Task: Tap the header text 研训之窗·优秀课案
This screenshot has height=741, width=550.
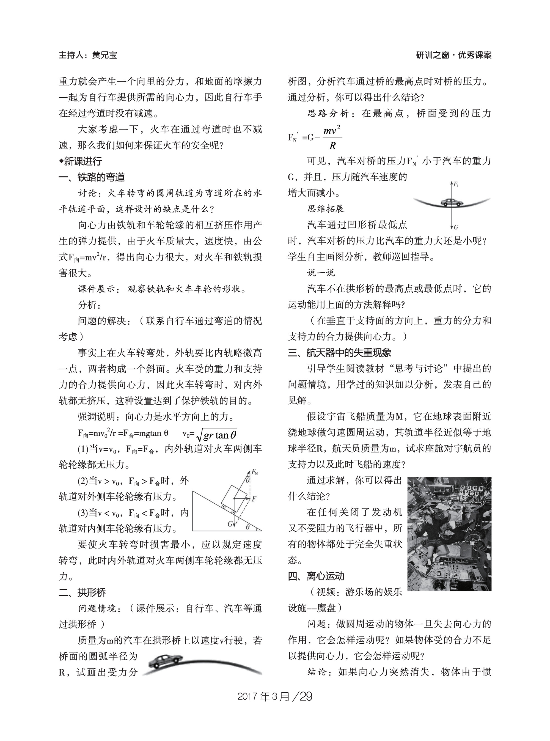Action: pyautogui.click(x=454, y=55)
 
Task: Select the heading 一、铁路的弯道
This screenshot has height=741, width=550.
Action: pyautogui.click(x=92, y=177)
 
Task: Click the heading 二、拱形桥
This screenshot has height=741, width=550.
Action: pyautogui.click(x=82, y=592)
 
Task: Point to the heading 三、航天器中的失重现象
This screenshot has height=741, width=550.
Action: pyautogui.click(x=340, y=353)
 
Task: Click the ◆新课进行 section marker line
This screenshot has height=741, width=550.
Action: pyautogui.click(x=81, y=161)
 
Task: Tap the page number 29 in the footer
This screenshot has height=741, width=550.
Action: pyautogui.click(x=306, y=696)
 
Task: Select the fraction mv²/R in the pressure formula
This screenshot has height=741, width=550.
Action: pyautogui.click(x=332, y=138)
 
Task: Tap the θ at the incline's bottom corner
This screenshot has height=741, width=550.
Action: pyautogui.click(x=248, y=527)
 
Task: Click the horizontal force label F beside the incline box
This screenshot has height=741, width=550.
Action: pyautogui.click(x=254, y=499)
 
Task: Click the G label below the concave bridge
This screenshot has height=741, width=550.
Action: pyautogui.click(x=456, y=227)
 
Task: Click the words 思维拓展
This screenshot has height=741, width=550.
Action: pyautogui.click(x=326, y=209)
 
